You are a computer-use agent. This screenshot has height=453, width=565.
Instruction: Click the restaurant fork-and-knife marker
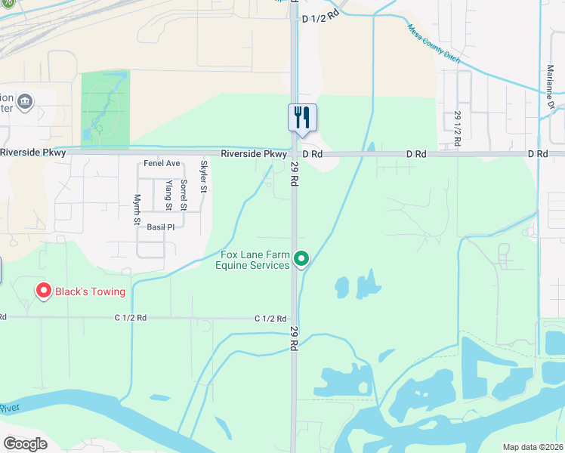pyautogui.click(x=302, y=117)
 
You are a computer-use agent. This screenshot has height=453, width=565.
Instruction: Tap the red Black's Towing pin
pyautogui.click(x=44, y=290)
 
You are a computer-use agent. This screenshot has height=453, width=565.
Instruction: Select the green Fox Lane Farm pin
pyautogui.click(x=301, y=260)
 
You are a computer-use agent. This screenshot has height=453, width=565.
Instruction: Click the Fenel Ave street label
pyautogui.click(x=162, y=163)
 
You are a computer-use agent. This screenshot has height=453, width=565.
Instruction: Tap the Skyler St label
pyautogui.click(x=203, y=177)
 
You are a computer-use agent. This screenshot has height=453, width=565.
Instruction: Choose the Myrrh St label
pyautogui.click(x=137, y=209)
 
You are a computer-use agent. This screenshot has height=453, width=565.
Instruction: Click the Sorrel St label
pyautogui.click(x=183, y=195)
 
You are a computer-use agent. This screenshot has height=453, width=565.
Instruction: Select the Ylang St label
pyautogui.click(x=168, y=195)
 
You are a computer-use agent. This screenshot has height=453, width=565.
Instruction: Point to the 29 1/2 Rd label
pyautogui.click(x=457, y=128)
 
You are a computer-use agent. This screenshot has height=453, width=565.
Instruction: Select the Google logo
pyautogui.click(x=25, y=444)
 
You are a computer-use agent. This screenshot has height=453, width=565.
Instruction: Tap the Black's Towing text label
pyautogui.click(x=89, y=292)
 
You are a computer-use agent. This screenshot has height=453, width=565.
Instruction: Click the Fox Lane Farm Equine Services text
pyautogui.click(x=253, y=260)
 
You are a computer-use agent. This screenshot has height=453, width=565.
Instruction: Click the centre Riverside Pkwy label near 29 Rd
pyautogui.click(x=254, y=154)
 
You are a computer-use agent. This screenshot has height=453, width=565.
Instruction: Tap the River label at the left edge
pyautogui.click(x=8, y=408)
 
